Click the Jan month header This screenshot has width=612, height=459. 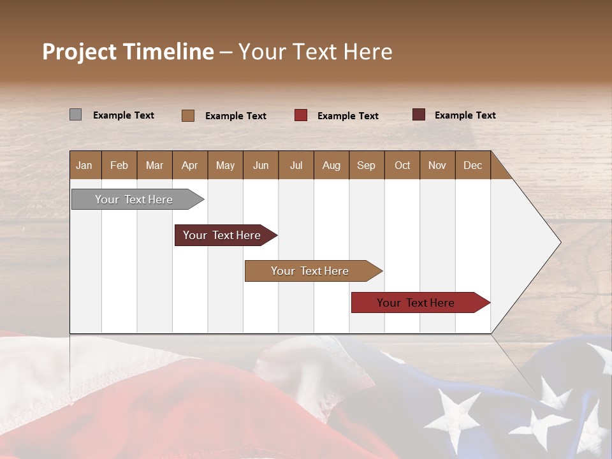click(84, 165)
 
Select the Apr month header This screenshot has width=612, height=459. click(189, 165)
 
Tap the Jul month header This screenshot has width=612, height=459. click(296, 165)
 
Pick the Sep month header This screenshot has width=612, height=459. click(366, 165)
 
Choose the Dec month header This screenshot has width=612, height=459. click(472, 165)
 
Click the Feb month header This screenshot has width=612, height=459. click(119, 165)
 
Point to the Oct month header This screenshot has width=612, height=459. click(402, 165)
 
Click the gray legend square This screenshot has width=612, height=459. click(75, 115)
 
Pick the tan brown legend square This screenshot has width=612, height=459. click(188, 115)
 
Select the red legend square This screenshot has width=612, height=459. click(301, 115)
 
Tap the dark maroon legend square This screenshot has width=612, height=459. click(419, 115)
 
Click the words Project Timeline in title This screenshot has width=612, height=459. click(128, 52)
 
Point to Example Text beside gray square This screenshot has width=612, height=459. click(124, 115)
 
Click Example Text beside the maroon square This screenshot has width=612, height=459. click(465, 115)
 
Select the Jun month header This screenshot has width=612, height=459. click(261, 165)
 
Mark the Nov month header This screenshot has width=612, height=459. click(437, 165)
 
